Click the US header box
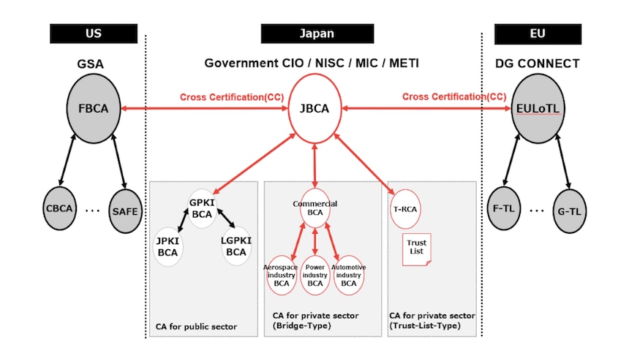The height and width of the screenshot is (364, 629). click(x=93, y=34)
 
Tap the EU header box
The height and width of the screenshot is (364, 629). click(x=537, y=34)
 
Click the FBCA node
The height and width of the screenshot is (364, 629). click(x=93, y=109)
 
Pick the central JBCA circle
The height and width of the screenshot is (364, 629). click(x=314, y=110)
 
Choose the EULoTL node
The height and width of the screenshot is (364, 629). click(x=538, y=110)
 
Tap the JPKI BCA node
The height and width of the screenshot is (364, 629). click(x=167, y=247)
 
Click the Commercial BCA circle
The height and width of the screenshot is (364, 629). click(x=314, y=208)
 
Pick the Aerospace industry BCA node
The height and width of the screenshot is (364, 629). click(x=281, y=275)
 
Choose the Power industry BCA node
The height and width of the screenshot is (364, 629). click(x=315, y=275)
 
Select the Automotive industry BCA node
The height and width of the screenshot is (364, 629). click(x=349, y=275)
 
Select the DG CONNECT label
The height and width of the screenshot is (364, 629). click(x=537, y=64)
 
